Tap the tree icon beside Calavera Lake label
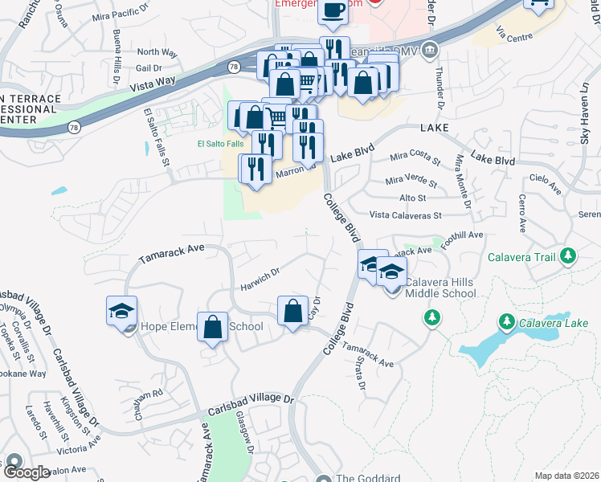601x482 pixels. (x=506, y=322)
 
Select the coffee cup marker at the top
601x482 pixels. (x=332, y=12)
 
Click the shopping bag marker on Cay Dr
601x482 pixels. (x=293, y=310)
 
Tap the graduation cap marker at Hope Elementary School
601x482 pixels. (x=121, y=311)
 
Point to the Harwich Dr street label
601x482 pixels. (x=259, y=280)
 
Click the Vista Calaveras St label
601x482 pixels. (x=406, y=215)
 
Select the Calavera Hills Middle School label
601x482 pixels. (x=440, y=288)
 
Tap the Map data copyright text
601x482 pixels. (x=566, y=476)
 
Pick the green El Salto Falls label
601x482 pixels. (x=219, y=145)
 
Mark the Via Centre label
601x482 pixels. (x=514, y=37)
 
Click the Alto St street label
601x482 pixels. (x=412, y=197)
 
